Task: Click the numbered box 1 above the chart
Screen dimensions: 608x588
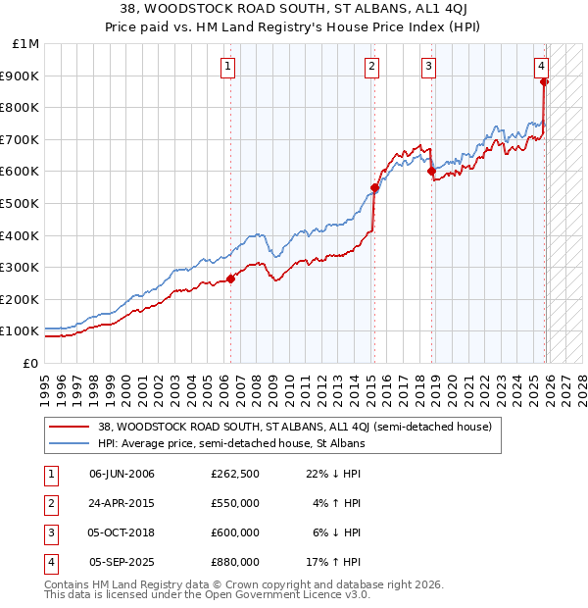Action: coord(227,67)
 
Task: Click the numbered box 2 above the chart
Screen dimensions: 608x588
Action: coord(372,67)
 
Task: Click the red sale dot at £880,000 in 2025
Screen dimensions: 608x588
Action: coord(545,82)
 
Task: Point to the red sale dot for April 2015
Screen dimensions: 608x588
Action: coord(374,187)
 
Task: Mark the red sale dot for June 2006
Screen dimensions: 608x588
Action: coord(231,279)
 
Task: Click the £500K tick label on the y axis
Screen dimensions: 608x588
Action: coord(21,203)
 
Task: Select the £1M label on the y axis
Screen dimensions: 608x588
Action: coord(25,44)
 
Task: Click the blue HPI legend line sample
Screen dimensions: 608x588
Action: coord(70,443)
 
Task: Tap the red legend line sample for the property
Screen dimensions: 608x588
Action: coord(70,427)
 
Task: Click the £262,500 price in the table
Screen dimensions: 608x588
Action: coord(234,474)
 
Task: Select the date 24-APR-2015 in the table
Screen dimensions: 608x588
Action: coord(122,503)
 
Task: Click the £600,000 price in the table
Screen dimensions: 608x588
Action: coord(234,532)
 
